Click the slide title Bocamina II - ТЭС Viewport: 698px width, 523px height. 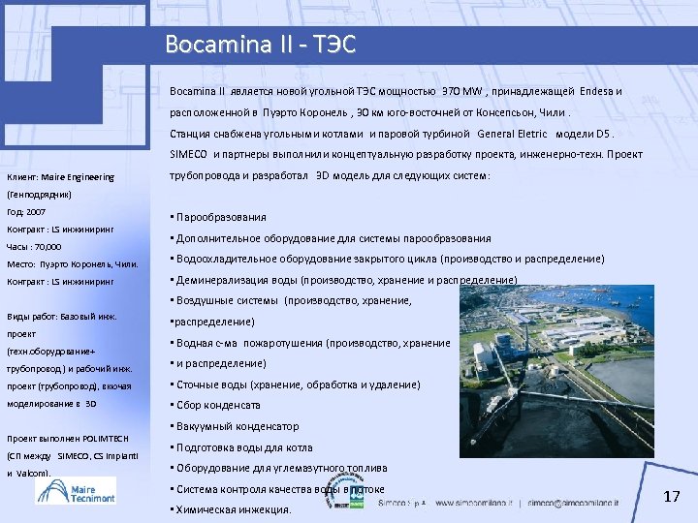pos(260,45)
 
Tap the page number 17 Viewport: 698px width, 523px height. pos(672,497)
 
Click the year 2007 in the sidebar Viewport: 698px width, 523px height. pos(36,211)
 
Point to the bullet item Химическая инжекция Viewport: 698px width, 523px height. pos(232,509)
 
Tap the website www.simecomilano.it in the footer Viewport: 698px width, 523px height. pos(475,504)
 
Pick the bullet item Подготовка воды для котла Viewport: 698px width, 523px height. pos(243,447)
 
